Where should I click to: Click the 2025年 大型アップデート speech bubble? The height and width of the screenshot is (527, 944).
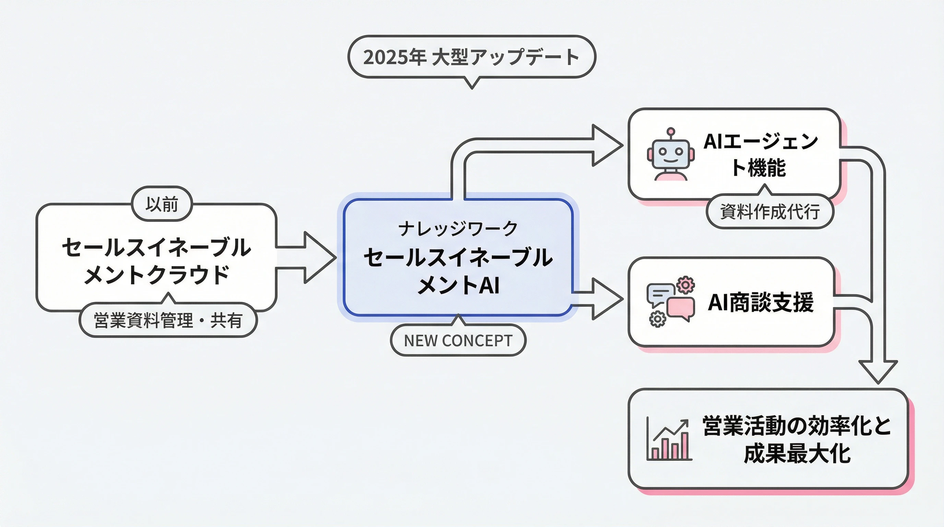click(x=471, y=57)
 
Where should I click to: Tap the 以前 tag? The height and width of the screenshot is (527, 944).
click(x=162, y=204)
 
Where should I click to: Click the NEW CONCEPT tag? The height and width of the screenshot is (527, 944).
click(x=458, y=340)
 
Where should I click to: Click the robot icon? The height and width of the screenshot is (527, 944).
click(x=671, y=155)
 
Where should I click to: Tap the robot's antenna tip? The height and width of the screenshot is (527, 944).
click(x=671, y=131)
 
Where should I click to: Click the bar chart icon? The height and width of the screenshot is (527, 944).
click(x=669, y=440)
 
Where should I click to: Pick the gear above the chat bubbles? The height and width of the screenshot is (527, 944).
click(x=686, y=285)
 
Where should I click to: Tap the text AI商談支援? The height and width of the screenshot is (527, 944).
click(x=761, y=302)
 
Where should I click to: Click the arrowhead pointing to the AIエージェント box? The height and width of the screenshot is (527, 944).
click(x=606, y=145)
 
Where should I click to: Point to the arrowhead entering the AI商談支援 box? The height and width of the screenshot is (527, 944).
click(x=606, y=299)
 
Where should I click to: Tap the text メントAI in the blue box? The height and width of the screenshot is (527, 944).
click(x=458, y=285)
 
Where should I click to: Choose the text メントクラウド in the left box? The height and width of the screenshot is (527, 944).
click(x=157, y=274)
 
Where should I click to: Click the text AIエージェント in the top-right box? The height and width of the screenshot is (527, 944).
click(x=761, y=141)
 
